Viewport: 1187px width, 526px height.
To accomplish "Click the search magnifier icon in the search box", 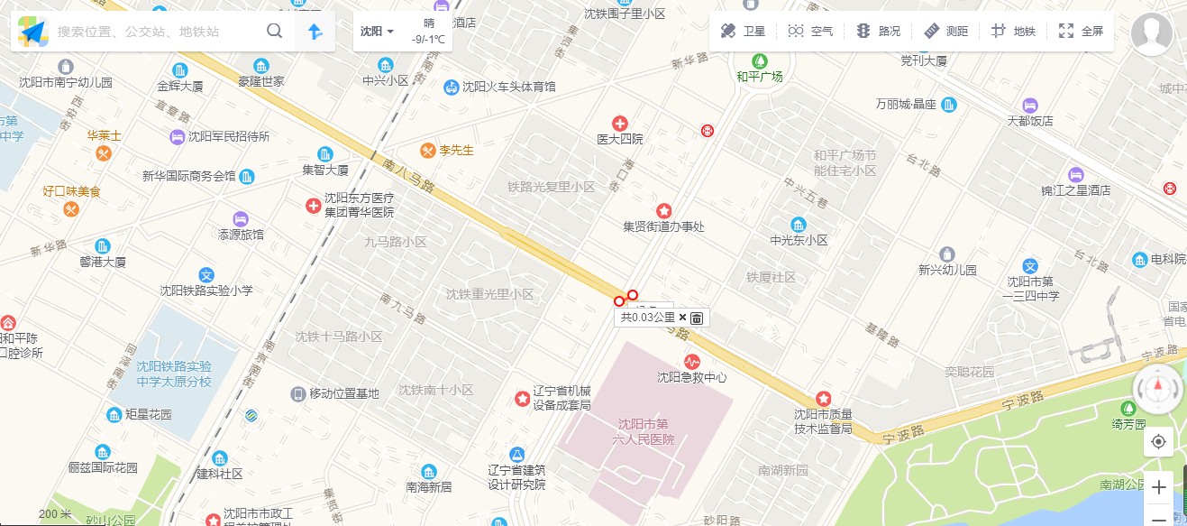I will [x=275, y=32].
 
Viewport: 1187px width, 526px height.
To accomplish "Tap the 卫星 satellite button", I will [x=743, y=32].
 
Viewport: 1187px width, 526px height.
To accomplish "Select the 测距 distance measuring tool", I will [x=945, y=32].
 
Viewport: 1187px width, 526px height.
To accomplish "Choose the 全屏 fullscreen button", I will [x=1081, y=32].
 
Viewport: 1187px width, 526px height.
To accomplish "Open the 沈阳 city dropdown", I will [x=377, y=32].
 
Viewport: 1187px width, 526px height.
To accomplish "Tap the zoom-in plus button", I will [x=1158, y=488].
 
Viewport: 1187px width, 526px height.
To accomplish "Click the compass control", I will [x=1158, y=389].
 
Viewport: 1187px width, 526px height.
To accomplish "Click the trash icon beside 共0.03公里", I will [x=697, y=318].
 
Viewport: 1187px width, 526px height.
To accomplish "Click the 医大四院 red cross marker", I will [x=620, y=124].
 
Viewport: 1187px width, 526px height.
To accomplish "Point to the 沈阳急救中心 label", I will [x=691, y=377].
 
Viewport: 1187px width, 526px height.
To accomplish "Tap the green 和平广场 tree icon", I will [x=760, y=60].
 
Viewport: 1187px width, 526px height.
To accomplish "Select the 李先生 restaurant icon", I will [x=428, y=151].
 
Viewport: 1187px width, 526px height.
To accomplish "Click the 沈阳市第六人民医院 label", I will [x=645, y=432].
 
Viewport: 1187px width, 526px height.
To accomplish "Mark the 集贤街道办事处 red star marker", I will [x=663, y=210].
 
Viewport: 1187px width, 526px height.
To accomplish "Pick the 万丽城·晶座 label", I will [x=906, y=105].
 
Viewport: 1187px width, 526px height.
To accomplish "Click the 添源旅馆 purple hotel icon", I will [x=240, y=218].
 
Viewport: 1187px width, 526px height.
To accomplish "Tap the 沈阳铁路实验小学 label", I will [x=206, y=291].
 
